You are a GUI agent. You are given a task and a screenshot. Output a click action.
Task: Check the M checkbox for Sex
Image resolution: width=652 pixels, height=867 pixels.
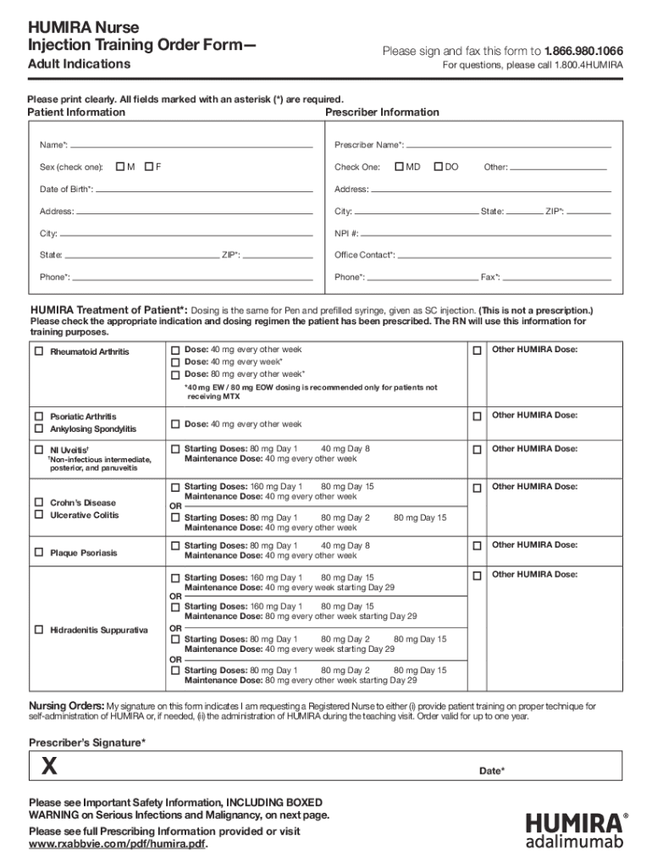click(x=119, y=167)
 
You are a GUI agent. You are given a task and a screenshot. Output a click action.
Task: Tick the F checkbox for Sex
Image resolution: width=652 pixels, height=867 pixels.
click(x=148, y=167)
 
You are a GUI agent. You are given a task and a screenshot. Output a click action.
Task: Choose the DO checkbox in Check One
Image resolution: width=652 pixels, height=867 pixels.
click(x=438, y=167)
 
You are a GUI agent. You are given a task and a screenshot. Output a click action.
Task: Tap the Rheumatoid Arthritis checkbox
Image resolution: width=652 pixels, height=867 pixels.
click(x=38, y=351)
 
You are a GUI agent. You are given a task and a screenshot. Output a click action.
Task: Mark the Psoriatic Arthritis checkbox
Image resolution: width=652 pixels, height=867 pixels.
click(x=38, y=417)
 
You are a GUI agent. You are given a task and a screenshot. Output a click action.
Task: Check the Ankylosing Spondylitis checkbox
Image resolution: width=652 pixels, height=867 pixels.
click(x=38, y=429)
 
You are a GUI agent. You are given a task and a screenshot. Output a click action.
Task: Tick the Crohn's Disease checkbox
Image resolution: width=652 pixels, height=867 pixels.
click(x=38, y=502)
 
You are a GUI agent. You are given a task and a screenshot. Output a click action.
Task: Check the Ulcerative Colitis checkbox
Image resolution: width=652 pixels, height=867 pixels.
click(x=38, y=515)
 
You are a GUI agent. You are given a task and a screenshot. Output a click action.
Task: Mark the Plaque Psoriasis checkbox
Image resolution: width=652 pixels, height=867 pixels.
click(x=38, y=552)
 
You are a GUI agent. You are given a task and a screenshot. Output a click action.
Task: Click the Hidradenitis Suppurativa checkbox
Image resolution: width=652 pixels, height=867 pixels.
click(x=38, y=630)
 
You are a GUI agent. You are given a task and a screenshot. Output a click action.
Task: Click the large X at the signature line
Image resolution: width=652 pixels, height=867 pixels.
click(x=51, y=766)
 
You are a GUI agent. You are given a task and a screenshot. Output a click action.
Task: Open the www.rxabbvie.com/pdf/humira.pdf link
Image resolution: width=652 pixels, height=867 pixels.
click(x=118, y=844)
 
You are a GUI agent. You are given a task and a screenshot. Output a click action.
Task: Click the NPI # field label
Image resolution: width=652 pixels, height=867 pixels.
click(x=346, y=233)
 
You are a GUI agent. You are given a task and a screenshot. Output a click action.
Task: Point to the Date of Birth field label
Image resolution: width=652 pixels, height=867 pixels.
click(x=67, y=189)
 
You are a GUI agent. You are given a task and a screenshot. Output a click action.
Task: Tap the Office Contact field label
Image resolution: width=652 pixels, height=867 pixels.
click(x=364, y=255)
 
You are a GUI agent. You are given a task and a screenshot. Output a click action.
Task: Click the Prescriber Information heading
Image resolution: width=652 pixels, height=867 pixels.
click(x=382, y=113)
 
